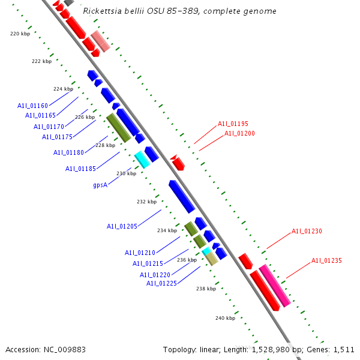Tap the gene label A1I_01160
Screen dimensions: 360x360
33,106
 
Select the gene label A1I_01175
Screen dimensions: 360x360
57,137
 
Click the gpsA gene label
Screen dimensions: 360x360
100,185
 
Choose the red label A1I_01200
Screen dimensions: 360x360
239,133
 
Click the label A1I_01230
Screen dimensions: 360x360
307,231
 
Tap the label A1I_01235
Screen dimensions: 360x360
326,260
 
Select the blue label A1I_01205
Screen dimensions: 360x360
122,226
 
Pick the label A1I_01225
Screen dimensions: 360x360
161,283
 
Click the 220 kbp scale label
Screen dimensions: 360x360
20,34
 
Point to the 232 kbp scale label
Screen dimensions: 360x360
146,202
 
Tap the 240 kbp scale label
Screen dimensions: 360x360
225,317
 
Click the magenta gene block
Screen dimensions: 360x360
275,285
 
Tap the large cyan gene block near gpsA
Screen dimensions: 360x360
142,160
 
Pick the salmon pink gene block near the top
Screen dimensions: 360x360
100,41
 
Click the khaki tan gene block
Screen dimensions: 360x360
211,258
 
